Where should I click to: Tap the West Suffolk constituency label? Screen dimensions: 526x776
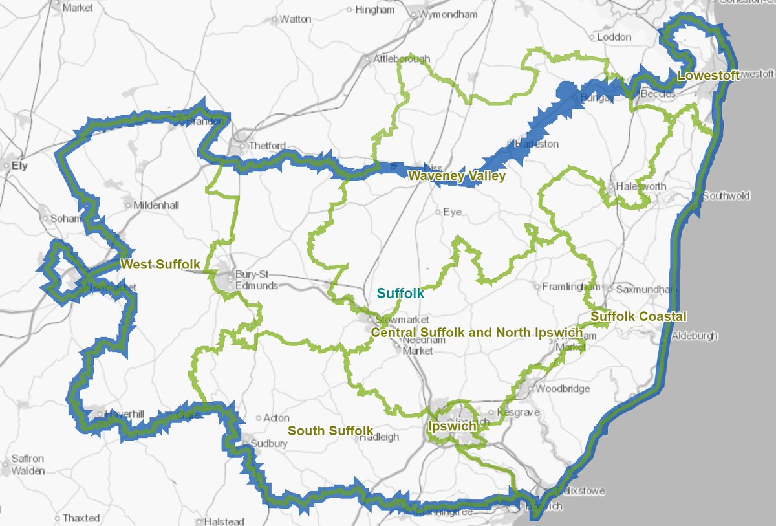(x=160, y=265)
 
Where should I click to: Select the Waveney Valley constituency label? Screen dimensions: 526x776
(x=456, y=176)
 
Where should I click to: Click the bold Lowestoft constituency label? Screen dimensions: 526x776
(x=708, y=77)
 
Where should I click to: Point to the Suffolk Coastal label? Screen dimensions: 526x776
(x=638, y=317)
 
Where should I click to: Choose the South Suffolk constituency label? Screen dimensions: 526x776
(x=330, y=431)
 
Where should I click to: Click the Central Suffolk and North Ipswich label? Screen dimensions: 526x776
(x=477, y=333)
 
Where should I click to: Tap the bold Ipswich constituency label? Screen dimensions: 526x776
(x=452, y=426)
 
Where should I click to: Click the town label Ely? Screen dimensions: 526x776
(x=20, y=166)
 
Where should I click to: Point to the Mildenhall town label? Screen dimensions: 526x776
(x=156, y=205)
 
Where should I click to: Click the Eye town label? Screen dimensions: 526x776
(x=452, y=212)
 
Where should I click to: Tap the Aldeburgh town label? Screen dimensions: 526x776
(x=695, y=336)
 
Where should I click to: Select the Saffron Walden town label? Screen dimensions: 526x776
(x=28, y=465)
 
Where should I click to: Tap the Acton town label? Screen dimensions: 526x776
(x=276, y=418)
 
